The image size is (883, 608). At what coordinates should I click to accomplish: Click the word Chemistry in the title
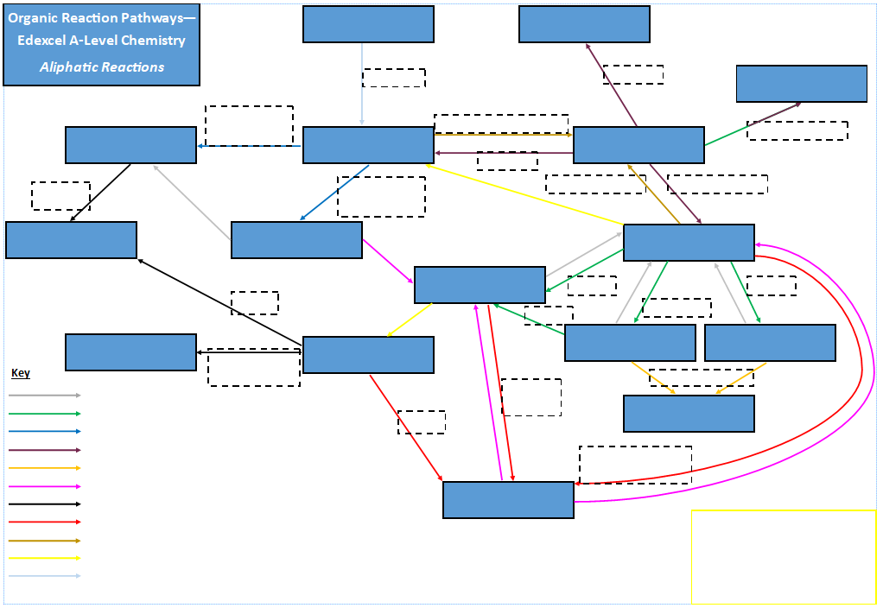point(156,41)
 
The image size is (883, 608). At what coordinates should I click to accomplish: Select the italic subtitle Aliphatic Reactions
point(102,66)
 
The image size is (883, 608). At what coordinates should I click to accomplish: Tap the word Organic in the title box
point(35,17)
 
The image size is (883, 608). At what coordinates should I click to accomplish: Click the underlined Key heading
point(21,373)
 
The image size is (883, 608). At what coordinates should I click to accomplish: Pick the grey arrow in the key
point(45,395)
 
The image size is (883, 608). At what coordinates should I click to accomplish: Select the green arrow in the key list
point(45,414)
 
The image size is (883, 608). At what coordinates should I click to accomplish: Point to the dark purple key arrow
point(45,450)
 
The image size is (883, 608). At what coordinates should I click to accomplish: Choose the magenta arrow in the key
point(45,486)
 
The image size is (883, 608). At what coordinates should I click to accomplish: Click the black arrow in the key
point(45,503)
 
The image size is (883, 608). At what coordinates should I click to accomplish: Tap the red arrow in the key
point(45,522)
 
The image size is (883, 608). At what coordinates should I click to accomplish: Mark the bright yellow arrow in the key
point(45,558)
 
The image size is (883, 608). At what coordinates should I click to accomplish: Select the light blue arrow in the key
point(45,576)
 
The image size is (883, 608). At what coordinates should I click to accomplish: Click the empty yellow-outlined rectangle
point(783,556)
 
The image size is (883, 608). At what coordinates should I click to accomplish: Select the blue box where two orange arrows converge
point(689,414)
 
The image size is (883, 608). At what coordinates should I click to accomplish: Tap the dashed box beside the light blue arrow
point(394,78)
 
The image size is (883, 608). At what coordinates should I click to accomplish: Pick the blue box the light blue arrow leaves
point(368,24)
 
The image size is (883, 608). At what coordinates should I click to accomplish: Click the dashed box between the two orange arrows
point(701,377)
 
